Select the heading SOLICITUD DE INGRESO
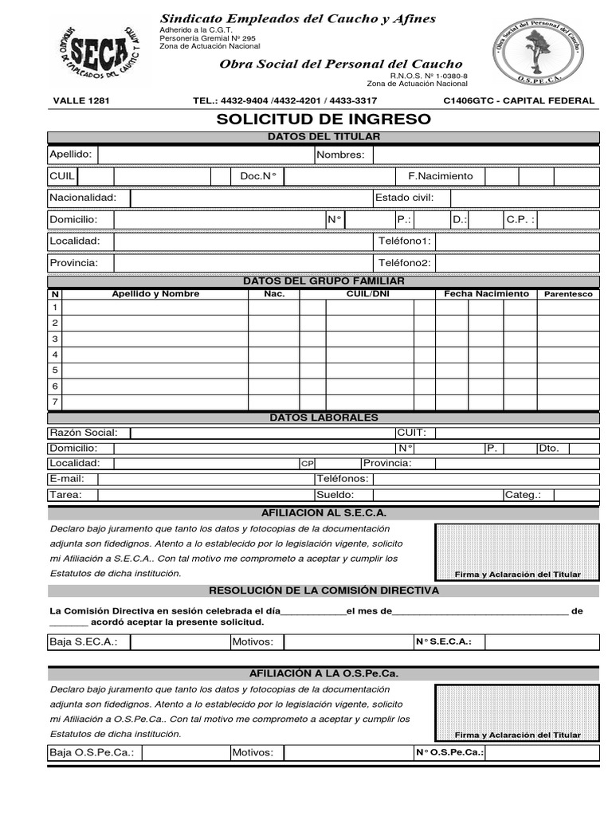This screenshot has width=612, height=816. click(324, 120)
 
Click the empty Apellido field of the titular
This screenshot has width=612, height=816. click(205, 155)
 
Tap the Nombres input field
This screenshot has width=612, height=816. click(485, 155)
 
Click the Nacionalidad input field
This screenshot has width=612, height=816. click(249, 198)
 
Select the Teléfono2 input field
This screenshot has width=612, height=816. click(517, 263)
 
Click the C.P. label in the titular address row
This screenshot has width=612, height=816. click(520, 219)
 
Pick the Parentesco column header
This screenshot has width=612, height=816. click(568, 294)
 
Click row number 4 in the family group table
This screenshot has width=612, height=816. click(55, 355)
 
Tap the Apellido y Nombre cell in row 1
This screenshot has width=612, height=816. click(155, 308)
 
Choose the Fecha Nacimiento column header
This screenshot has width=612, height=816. click(486, 294)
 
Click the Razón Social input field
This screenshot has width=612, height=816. click(261, 433)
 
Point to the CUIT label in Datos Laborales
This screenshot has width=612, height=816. click(411, 433)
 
